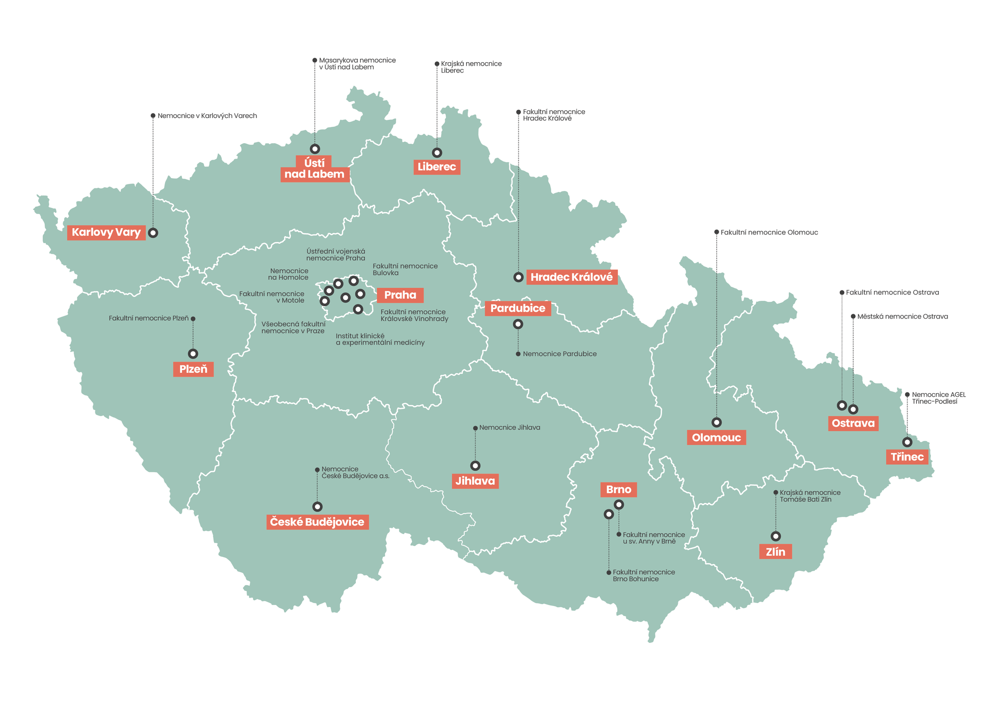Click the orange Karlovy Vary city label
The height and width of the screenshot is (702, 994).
click(x=106, y=232)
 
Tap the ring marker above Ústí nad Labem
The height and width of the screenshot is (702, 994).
click(x=315, y=149)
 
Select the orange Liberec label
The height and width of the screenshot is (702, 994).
click(x=436, y=167)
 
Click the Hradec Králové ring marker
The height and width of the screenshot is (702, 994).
click(x=518, y=277)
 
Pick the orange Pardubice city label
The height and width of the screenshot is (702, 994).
click(x=517, y=308)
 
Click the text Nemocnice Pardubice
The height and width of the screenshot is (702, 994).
click(x=559, y=354)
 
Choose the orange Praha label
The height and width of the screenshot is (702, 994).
click(x=400, y=295)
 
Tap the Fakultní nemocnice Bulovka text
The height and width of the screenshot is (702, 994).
click(x=405, y=269)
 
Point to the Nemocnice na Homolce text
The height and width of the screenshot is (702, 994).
click(x=288, y=274)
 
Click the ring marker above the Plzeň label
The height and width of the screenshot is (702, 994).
click(x=193, y=353)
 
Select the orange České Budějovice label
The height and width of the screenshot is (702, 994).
click(x=317, y=522)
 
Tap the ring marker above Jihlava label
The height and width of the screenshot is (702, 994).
click(x=475, y=466)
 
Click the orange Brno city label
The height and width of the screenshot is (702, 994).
click(x=618, y=489)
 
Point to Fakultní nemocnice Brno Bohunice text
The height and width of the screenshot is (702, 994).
click(x=643, y=576)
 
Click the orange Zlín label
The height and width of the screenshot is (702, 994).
click(x=775, y=551)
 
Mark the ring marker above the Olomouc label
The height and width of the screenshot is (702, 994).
click(x=716, y=422)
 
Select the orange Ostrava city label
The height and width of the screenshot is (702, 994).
click(x=853, y=423)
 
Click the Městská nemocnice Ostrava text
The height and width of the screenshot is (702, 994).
click(x=902, y=316)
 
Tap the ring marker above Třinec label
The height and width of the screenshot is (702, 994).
click(x=907, y=442)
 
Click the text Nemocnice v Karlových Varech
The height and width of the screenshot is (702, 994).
click(x=207, y=116)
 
